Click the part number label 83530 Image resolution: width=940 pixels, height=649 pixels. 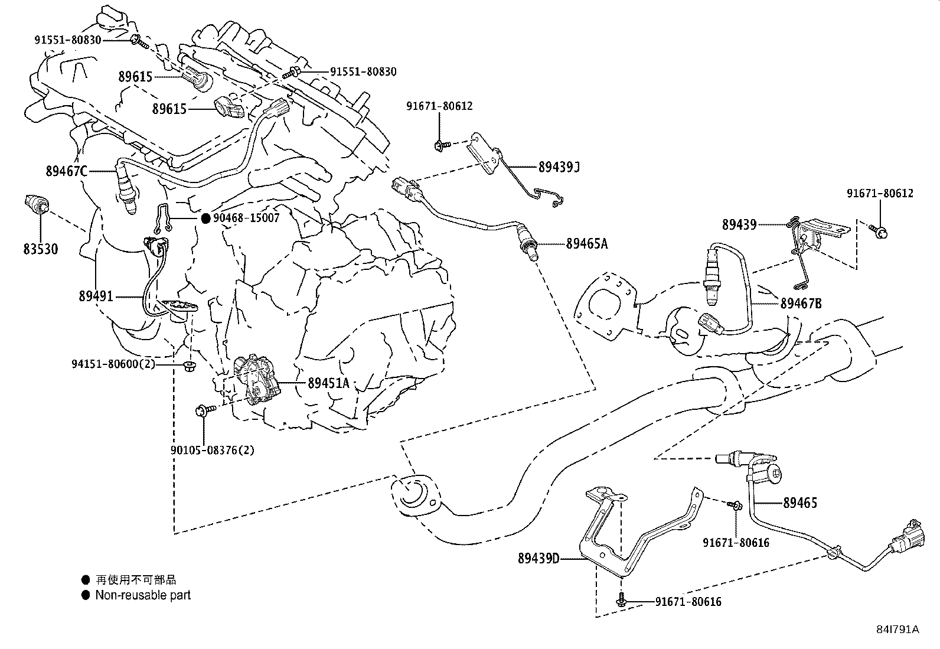[40, 249]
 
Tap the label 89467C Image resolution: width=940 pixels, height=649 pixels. [67, 171]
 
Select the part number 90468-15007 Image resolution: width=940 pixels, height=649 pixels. [246, 218]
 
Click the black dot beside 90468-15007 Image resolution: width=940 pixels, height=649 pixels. [205, 218]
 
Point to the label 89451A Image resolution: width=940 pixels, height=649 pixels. [328, 383]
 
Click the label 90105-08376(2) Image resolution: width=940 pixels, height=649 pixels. [213, 450]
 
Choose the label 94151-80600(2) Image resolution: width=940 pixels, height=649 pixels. [113, 364]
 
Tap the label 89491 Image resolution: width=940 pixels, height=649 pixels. [96, 296]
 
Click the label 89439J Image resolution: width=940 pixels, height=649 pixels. [559, 167]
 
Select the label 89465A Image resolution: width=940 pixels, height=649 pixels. [587, 243]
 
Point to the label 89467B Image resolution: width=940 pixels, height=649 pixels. [801, 303]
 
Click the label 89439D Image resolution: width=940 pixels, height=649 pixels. [538, 558]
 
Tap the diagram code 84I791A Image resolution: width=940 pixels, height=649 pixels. [897, 630]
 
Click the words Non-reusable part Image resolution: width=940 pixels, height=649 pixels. [143, 595]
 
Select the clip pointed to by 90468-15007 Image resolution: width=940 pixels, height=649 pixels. [162, 219]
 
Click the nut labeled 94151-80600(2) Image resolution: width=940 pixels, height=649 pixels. [191, 365]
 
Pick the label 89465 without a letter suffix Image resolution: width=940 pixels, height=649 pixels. [800, 503]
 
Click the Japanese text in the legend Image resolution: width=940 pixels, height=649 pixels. [136, 580]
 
